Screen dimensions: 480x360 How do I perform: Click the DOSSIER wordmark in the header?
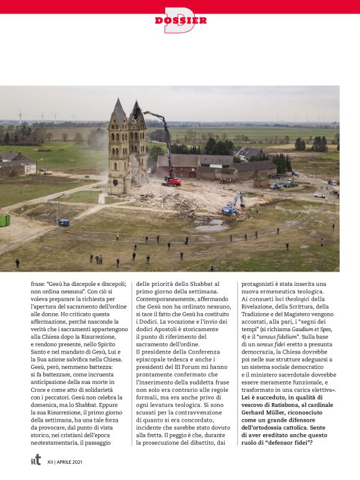click(x=181, y=20)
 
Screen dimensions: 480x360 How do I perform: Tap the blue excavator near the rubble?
click(x=232, y=205)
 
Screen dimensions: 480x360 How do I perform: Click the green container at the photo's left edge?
click(x=4, y=220)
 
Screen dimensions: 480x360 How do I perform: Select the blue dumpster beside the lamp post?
click(x=65, y=223)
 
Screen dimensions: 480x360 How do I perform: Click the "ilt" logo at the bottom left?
click(x=36, y=460)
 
